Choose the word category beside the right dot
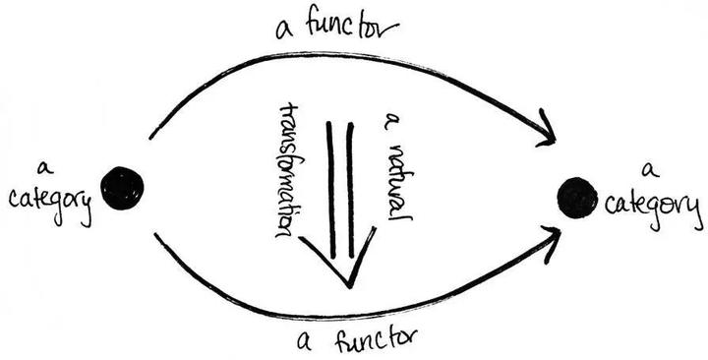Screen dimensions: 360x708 pos(652,208)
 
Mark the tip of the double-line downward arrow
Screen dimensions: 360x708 pos(348,285)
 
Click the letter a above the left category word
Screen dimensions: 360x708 pos(42,166)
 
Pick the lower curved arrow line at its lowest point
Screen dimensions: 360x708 pos(344,317)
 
